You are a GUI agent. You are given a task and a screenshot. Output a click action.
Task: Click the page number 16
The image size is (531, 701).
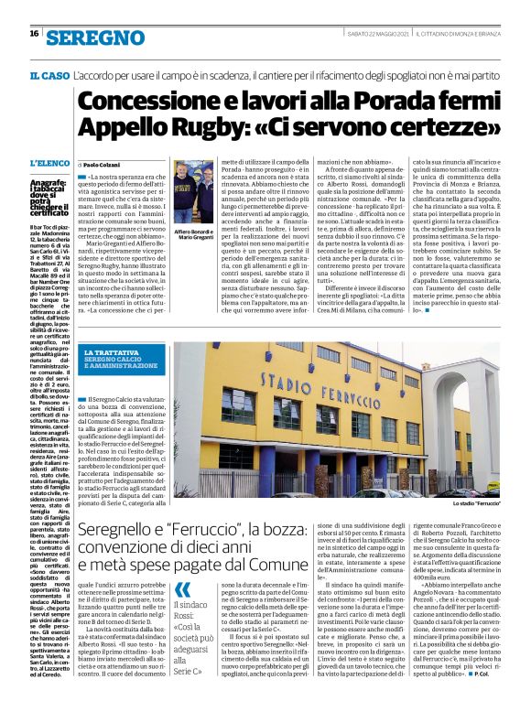tap(34, 35)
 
